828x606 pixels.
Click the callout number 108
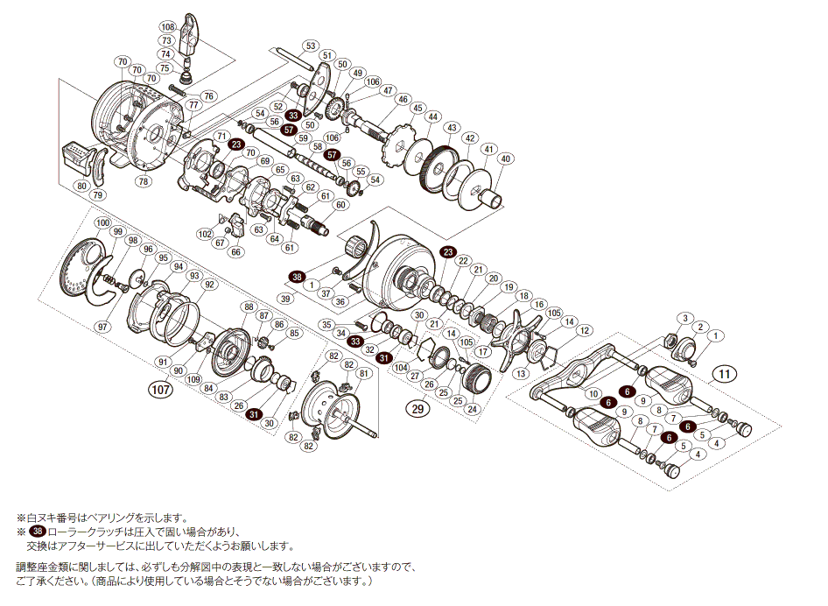tap(167, 28)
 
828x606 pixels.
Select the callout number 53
tap(311, 45)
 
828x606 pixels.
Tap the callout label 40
tap(506, 159)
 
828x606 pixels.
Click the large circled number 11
tap(723, 374)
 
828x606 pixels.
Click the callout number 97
tap(102, 327)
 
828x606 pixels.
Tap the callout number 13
tap(522, 374)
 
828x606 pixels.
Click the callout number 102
tap(205, 234)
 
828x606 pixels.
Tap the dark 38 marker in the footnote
tap(37, 532)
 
